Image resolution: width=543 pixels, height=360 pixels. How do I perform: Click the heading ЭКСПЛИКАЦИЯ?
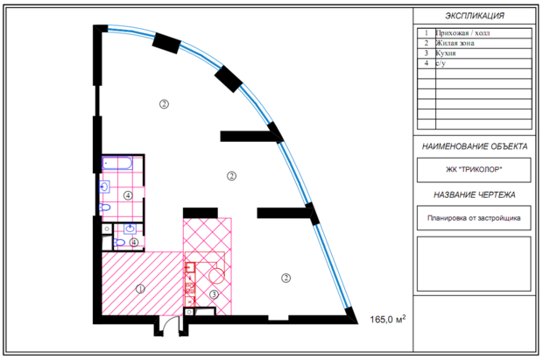[475, 16]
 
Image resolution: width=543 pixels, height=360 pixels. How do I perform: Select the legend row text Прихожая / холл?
[462, 33]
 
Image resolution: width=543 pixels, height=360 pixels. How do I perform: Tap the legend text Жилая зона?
[455, 43]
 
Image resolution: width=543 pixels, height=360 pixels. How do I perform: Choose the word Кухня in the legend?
[446, 53]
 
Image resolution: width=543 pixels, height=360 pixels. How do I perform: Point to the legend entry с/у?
[441, 63]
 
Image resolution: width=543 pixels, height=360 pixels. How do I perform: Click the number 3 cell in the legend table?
[427, 53]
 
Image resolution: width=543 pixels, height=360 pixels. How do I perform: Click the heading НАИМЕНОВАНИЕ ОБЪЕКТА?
[475, 146]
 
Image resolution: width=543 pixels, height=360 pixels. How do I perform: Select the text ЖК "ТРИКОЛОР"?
[474, 169]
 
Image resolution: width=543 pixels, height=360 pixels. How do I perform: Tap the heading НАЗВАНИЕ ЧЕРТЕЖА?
[475, 194]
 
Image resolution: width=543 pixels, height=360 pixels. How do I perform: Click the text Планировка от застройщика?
[474, 218]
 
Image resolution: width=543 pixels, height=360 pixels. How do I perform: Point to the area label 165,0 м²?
[388, 319]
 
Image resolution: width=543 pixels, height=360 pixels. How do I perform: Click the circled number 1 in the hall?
[140, 288]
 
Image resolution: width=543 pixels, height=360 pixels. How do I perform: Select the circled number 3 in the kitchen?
[214, 294]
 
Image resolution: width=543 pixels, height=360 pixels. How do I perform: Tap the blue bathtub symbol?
[117, 163]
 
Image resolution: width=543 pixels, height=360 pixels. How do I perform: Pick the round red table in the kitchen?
[217, 275]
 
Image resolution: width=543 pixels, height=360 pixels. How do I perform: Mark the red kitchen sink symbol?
[190, 268]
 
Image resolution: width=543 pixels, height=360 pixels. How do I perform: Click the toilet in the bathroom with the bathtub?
[104, 208]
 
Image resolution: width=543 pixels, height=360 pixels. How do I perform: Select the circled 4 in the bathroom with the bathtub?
[128, 195]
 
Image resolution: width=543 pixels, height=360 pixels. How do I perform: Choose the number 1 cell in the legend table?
[427, 33]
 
